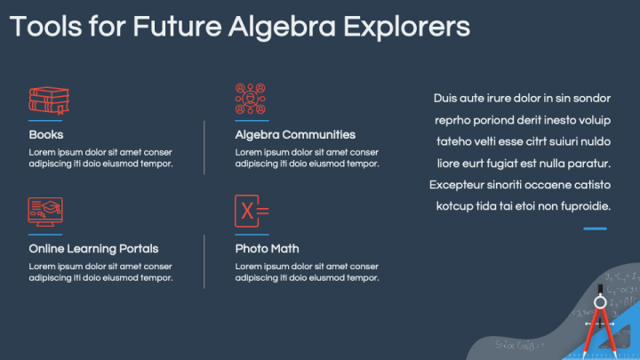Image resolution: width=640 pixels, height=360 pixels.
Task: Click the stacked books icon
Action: pos(49,100)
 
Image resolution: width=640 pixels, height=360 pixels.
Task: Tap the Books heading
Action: pos(46,135)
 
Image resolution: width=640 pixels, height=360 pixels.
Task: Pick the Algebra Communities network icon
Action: pos(251,99)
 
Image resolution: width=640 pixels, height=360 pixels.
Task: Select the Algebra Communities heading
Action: pos(295,135)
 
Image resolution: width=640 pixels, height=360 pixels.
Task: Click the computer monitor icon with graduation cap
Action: pos(45,212)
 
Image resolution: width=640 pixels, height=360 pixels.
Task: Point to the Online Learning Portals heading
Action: pos(93,249)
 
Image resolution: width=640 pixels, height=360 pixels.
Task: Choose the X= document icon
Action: pos(251,212)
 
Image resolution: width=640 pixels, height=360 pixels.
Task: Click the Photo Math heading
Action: pos(267,249)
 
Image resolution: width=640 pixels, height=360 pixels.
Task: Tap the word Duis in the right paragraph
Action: pos(447,98)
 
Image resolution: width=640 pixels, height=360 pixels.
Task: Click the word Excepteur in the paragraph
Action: pos(460,185)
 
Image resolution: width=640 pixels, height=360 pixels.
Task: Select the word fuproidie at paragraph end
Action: pos(580,206)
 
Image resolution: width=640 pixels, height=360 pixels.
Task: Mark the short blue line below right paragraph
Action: pos(596,228)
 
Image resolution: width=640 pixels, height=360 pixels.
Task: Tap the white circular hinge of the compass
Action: pos(600,302)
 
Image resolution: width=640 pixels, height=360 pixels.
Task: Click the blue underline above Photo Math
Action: pos(252,235)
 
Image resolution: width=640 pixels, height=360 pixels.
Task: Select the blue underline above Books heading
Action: pos(45,121)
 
